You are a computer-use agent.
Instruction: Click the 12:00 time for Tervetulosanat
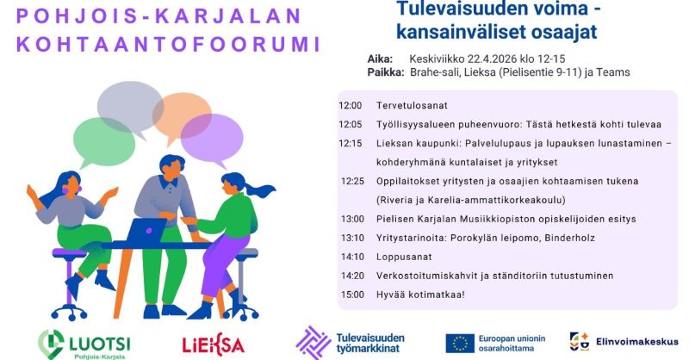click(350, 106)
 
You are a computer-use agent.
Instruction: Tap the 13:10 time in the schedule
click(351, 238)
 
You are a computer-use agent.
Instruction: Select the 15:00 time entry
click(351, 295)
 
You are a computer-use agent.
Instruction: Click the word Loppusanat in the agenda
click(404, 257)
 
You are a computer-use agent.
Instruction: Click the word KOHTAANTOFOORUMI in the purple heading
click(169, 45)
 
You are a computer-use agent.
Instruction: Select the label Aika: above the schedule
click(380, 59)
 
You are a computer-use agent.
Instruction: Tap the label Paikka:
click(385, 72)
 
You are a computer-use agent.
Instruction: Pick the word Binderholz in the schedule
click(549, 238)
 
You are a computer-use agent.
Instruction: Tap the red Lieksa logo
click(213, 344)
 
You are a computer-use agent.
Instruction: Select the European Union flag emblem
click(459, 343)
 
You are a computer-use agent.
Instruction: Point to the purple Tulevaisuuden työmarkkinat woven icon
click(313, 341)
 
